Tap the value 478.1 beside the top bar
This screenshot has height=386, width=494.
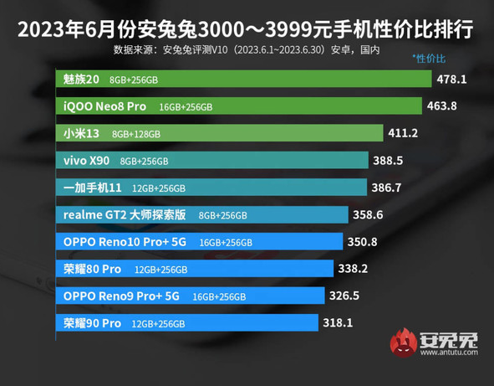point(451,80)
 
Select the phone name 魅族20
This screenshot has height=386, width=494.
point(82,80)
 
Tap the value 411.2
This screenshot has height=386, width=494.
point(403,133)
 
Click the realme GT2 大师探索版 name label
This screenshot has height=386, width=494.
point(125,214)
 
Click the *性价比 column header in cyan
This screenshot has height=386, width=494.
point(429,59)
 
